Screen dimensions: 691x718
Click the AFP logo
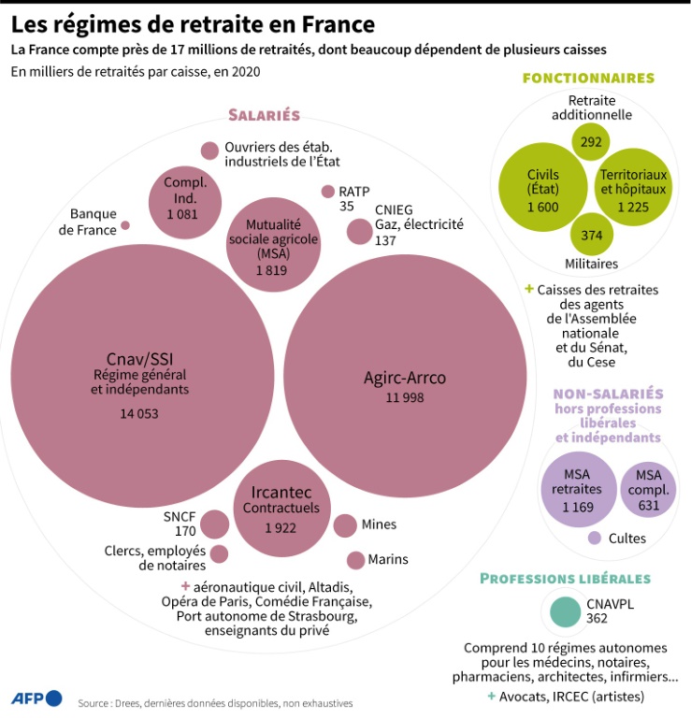pyautogui.click(x=36, y=698)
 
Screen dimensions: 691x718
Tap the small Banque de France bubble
pyautogui.click(x=125, y=225)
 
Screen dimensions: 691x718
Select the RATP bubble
pyautogui.click(x=328, y=192)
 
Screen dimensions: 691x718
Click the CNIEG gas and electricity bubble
pyautogui.click(x=359, y=231)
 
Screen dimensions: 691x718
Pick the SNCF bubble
pyautogui.click(x=215, y=524)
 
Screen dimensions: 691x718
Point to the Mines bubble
pyautogui.click(x=345, y=525)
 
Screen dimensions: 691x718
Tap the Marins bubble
pyautogui.click(x=355, y=561)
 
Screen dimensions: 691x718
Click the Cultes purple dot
pyautogui.click(x=595, y=538)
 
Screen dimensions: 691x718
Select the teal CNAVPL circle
pyautogui.click(x=565, y=611)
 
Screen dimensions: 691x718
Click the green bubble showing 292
pyautogui.click(x=591, y=142)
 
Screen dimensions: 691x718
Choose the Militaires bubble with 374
pyautogui.click(x=592, y=235)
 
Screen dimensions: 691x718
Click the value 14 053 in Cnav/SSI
pyautogui.click(x=139, y=414)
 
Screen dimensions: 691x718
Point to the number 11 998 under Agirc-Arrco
pyautogui.click(x=405, y=397)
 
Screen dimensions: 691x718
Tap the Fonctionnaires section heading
pyautogui.click(x=588, y=79)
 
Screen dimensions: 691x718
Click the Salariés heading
pyautogui.click(x=265, y=115)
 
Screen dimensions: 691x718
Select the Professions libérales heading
pyautogui.click(x=565, y=579)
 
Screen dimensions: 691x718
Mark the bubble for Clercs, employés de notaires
pyautogui.click(x=220, y=554)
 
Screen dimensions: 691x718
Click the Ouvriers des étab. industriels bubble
pyautogui.click(x=209, y=151)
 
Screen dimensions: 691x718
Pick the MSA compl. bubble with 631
pyautogui.click(x=648, y=490)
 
